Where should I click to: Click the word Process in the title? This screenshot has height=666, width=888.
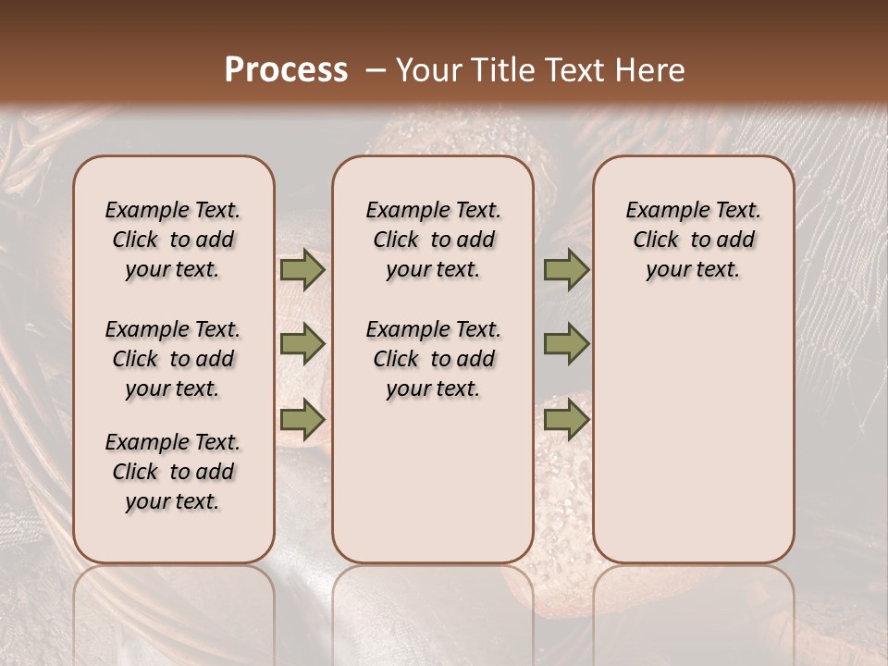[x=286, y=69]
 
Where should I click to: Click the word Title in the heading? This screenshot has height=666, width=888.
[x=503, y=69]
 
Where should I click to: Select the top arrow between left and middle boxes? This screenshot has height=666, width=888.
[x=302, y=269]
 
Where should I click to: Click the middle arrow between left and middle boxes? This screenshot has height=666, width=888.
[x=302, y=344]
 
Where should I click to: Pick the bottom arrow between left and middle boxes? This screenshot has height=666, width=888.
[x=302, y=420]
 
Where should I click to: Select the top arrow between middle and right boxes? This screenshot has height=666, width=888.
[x=566, y=269]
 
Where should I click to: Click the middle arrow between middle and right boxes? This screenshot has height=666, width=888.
[x=566, y=344]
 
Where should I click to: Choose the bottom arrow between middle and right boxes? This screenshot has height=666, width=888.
[x=566, y=420]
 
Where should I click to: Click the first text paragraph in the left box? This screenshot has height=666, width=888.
[x=173, y=240]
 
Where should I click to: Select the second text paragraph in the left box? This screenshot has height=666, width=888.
[x=173, y=359]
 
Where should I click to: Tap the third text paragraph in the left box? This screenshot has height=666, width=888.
[x=173, y=472]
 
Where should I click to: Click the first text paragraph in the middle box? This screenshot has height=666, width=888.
[x=433, y=240]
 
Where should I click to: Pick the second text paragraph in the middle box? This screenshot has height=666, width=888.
[x=433, y=359]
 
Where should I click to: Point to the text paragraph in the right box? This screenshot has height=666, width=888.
[x=693, y=240]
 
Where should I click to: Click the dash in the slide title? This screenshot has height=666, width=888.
[x=375, y=70]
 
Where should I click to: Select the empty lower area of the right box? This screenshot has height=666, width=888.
[x=693, y=435]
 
